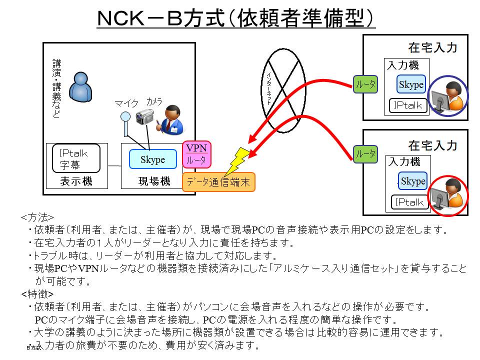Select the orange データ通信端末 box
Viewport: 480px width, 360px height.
[x=218, y=181]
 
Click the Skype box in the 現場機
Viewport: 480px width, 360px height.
[x=152, y=159]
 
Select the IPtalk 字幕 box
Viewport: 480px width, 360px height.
[x=76, y=158]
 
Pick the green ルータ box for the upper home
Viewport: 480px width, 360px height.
[x=365, y=85]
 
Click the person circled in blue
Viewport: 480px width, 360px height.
[x=447, y=96]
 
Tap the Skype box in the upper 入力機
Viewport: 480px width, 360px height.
[x=411, y=85]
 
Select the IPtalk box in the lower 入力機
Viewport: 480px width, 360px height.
[x=409, y=202]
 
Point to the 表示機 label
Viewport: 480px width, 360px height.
[x=76, y=181]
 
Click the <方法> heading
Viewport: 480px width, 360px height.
[x=37, y=218]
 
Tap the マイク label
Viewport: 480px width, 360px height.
[x=126, y=103]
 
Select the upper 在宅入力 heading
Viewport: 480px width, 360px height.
[x=432, y=48]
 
